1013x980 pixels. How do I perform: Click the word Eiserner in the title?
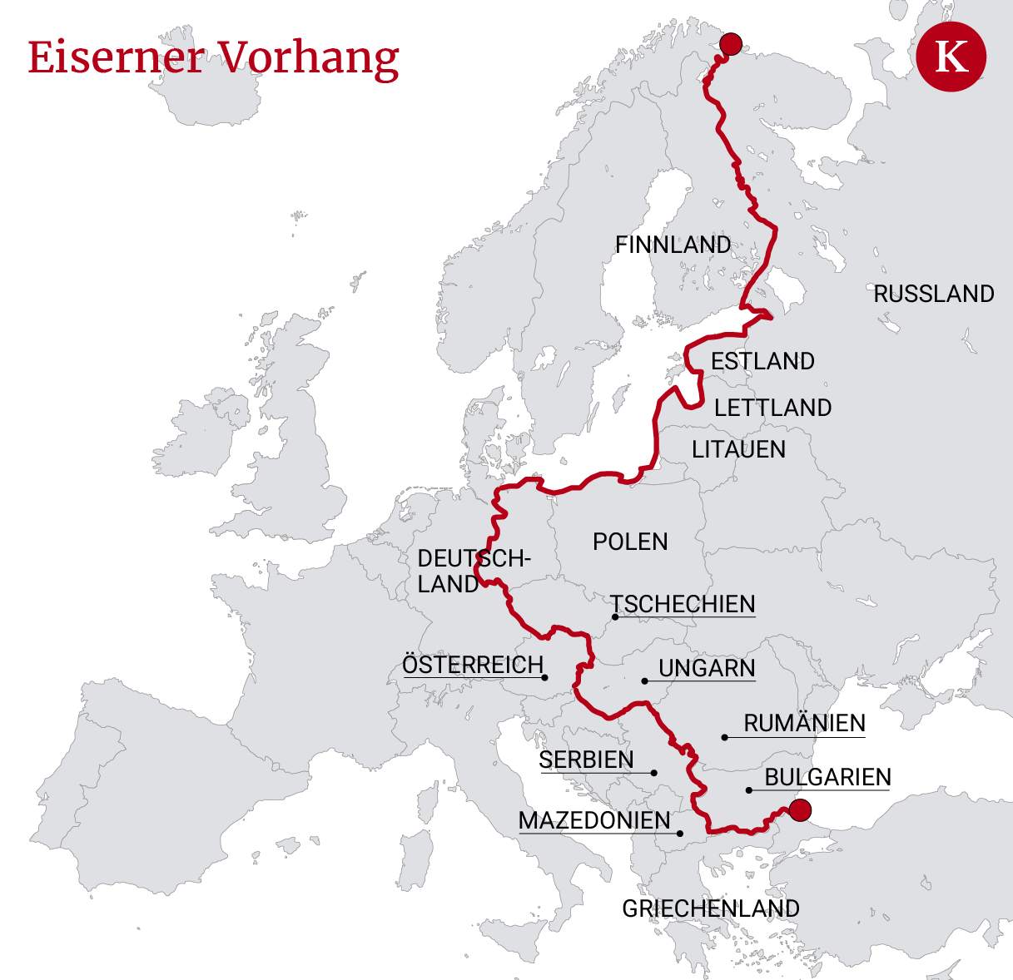116,57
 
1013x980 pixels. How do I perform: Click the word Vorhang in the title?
310,59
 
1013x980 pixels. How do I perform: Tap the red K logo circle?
951,57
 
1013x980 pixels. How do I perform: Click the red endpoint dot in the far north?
731,44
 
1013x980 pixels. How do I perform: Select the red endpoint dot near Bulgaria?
800,809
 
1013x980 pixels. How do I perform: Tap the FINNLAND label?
673,245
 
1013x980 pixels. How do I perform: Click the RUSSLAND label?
933,294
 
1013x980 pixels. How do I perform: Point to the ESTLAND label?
762,361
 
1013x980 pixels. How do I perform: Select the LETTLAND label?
772,408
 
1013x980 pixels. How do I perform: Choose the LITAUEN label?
738,449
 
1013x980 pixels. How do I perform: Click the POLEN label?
630,542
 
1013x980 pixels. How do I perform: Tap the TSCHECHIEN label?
683,604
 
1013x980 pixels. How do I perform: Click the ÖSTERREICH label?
472,666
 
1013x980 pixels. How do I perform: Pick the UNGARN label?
707,668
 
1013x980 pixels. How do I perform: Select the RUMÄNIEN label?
804,723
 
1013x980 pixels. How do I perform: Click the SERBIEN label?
586,760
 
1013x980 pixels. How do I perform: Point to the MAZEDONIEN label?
594,820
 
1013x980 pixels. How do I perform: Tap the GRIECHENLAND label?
711,908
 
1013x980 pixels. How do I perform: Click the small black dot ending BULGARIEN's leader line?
748,790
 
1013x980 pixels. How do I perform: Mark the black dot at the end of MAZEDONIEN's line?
680,834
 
